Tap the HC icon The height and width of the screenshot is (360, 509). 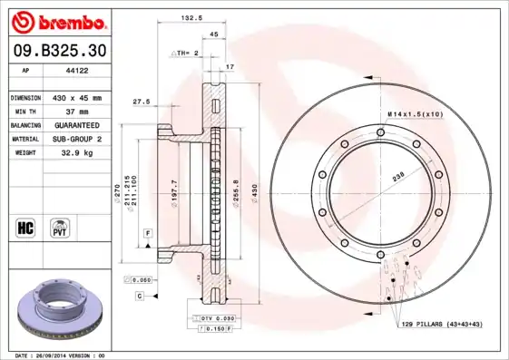pyautogui.click(x=26, y=226)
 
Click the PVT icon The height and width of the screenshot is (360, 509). pyautogui.click(x=61, y=226)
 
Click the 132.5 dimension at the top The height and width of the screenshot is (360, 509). pyautogui.click(x=191, y=18)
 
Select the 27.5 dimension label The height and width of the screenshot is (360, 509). pyautogui.click(x=141, y=101)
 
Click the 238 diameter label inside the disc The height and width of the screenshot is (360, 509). pyautogui.click(x=396, y=179)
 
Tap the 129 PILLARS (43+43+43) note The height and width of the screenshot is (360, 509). pyautogui.click(x=440, y=324)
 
